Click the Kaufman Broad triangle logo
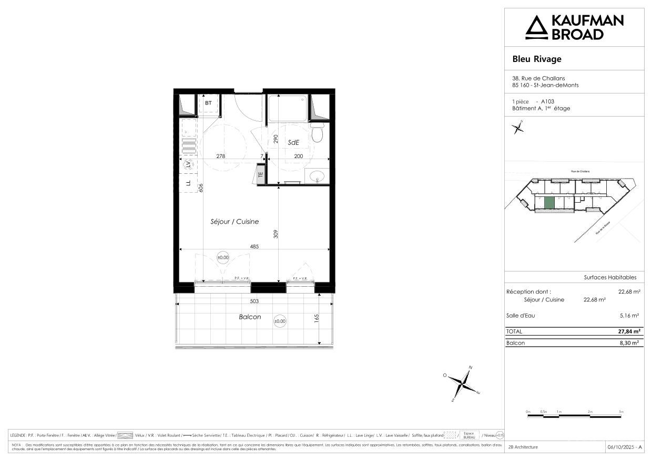tap(537, 27)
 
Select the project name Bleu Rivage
tap(537, 59)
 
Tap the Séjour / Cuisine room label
tap(235, 222)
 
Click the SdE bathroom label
tap(293, 142)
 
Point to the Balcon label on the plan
tap(250, 317)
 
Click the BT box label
tap(208, 103)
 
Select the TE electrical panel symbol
tap(260, 175)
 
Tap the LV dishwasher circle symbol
tap(188, 164)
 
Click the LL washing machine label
tap(188, 183)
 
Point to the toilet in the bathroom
tap(317, 134)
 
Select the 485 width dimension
tap(255, 245)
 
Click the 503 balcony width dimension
tap(255, 301)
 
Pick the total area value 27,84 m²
tap(628, 331)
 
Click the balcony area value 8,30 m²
tap(629, 342)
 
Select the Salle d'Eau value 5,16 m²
tap(629, 316)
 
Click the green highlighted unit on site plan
tap(548, 203)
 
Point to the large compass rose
tap(461, 384)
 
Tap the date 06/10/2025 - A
tap(625, 447)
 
